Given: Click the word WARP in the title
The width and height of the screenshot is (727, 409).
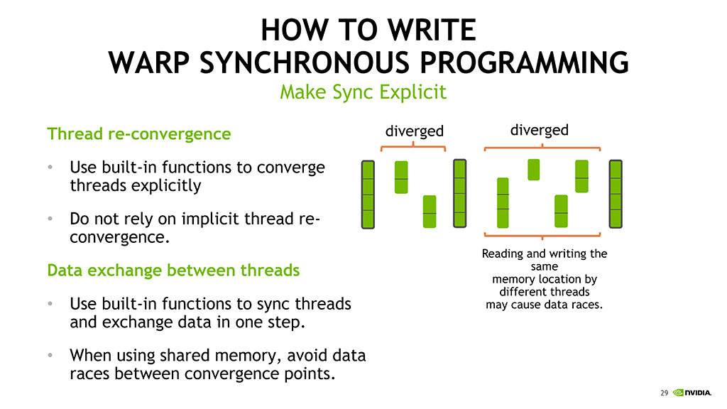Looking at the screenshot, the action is click(149, 62).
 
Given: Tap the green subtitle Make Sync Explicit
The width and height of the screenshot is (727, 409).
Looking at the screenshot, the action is click(363, 92).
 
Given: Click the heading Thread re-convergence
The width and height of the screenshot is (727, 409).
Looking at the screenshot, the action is click(139, 133).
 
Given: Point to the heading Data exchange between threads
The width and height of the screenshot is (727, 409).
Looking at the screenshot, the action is click(173, 270).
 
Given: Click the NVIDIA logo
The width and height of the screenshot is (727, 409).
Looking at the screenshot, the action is click(692, 393).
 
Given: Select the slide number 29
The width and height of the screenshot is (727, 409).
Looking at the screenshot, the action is click(664, 393).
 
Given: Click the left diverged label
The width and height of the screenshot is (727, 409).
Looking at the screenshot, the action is click(415, 131).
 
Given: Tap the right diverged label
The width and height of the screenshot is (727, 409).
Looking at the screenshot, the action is click(540, 131).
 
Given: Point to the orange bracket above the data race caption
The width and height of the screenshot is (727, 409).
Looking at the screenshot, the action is click(542, 236).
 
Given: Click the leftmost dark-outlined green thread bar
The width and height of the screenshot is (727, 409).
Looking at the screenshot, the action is click(368, 195).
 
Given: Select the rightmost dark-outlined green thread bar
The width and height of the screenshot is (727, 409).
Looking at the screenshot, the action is click(616, 195).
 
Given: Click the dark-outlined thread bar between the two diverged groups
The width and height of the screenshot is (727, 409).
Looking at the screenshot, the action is click(460, 193).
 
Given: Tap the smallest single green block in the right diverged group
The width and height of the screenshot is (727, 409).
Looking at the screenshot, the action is click(534, 170).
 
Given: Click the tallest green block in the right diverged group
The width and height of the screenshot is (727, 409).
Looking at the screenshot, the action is click(503, 202).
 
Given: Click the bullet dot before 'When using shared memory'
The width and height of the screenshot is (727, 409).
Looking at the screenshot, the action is click(50, 355).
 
